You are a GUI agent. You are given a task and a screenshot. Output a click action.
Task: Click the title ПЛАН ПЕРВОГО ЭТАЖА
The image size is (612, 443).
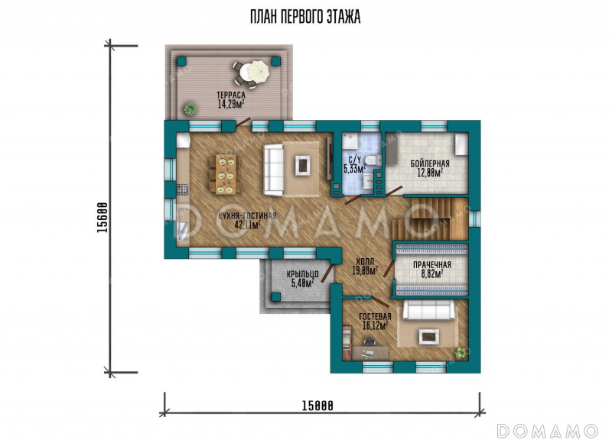point(305,18)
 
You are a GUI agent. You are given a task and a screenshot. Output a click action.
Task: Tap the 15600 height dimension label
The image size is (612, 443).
point(103,218)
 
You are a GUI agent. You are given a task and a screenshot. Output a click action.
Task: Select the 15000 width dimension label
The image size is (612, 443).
point(317,406)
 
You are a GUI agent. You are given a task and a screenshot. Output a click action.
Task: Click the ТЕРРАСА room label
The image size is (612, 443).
point(231,95)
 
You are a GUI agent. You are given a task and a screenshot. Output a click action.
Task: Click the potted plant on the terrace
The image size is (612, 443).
point(190,108)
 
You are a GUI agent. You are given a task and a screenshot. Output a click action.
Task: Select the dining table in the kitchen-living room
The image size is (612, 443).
point(226,174)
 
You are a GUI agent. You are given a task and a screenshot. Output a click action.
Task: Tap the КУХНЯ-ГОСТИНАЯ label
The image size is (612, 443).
point(247,216)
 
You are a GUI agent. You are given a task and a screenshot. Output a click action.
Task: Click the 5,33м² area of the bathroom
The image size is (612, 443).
point(355,168)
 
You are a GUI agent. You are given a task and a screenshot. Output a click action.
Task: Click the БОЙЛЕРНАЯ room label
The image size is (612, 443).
point(430,163)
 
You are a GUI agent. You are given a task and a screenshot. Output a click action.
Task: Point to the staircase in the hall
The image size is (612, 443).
point(430,218)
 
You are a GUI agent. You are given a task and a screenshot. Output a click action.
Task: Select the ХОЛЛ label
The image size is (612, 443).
point(365,261)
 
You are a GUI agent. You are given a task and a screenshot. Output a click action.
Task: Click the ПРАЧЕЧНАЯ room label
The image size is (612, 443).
point(432,265)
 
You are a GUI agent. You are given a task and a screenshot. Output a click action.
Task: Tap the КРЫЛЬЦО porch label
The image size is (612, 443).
point(302,274)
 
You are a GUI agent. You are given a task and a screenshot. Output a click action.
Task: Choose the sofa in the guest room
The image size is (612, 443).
point(429,310)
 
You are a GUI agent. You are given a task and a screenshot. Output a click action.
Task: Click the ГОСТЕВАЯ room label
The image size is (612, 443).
point(375,317)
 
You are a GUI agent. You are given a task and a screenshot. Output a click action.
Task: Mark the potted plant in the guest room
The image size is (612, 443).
point(461,353)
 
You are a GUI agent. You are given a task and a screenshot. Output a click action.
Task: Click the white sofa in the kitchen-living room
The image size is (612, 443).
point(273,170)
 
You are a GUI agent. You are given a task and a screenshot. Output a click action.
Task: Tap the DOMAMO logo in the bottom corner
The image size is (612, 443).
point(548,431)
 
